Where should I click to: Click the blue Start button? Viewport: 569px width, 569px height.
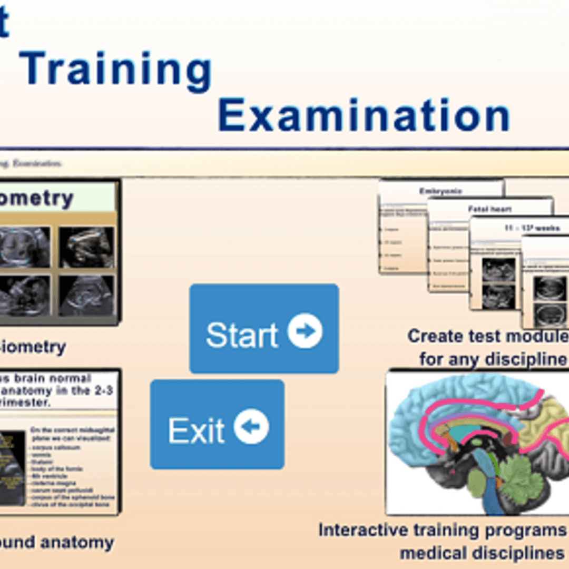tap(263, 328)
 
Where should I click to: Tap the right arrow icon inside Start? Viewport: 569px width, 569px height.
tap(305, 331)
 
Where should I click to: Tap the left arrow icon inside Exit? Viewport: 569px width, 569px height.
tap(251, 426)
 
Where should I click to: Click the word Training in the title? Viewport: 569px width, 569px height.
tap(116, 70)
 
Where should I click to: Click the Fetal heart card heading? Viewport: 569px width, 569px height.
tap(489, 209)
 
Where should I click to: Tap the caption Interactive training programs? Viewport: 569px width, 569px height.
tap(443, 529)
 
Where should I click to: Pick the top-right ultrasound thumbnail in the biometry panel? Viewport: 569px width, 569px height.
tap(86, 247)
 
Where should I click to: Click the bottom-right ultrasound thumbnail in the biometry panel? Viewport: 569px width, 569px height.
tap(86, 296)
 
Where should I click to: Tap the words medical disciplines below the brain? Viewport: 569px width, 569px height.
tap(482, 553)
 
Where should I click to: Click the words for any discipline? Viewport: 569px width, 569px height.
tap(493, 359)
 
